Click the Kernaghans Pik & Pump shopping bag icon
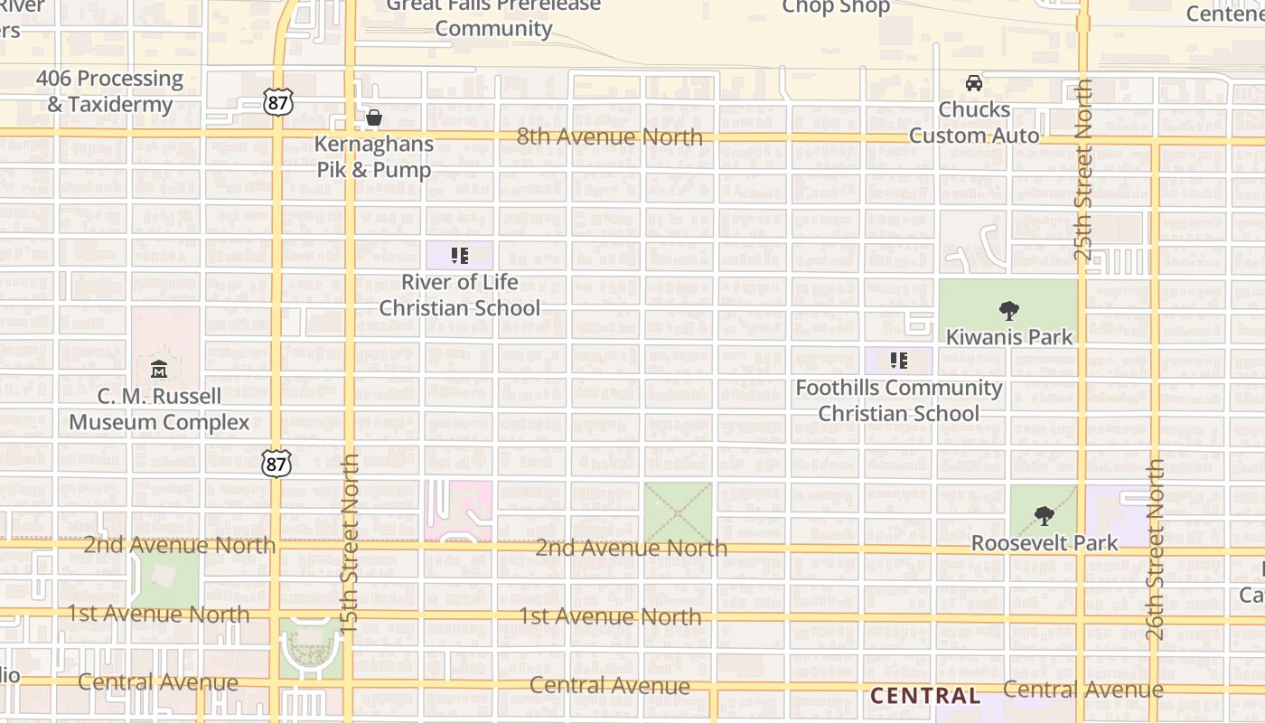tap(374, 117)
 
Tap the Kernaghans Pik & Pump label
tap(374, 156)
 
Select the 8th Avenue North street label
tap(610, 136)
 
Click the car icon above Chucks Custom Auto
tap(974, 83)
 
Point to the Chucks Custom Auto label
tap(974, 122)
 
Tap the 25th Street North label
tap(1083, 170)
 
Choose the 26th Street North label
tap(1156, 549)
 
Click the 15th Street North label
tap(351, 542)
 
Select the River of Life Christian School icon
tap(459, 256)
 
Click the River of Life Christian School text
tap(459, 295)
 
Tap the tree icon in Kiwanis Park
tap(1009, 311)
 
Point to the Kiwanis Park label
tap(1009, 337)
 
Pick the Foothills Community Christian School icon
tap(898, 361)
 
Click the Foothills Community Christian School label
tap(899, 400)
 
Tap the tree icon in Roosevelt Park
tap(1044, 516)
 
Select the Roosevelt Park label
tap(1045, 543)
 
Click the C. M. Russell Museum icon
tap(159, 369)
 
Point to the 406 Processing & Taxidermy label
tap(110, 91)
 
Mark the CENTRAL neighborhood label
tap(924, 696)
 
